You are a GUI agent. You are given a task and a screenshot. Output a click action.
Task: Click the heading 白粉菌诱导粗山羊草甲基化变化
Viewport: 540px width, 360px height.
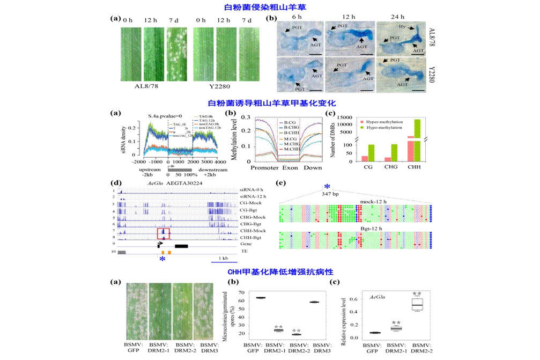269,104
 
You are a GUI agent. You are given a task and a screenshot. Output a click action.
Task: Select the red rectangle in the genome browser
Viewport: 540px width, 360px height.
163,233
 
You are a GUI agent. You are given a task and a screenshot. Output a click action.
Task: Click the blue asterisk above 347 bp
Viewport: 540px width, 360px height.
327,186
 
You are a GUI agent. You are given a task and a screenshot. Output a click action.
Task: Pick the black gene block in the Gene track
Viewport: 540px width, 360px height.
181,245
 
